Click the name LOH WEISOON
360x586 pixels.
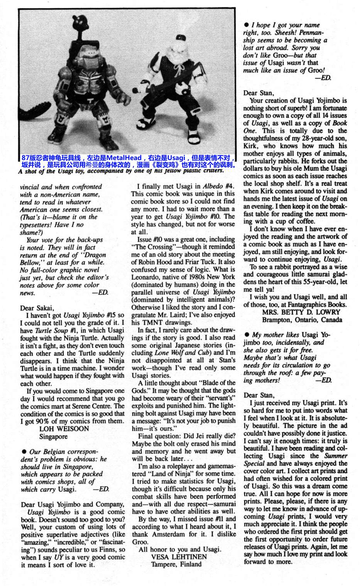[x=64, y=429]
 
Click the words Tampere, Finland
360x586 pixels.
[x=176, y=564]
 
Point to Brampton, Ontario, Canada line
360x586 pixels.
[x=302, y=320]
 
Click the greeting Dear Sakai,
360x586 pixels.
[x=36, y=308]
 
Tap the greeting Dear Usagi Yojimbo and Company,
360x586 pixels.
[x=73, y=505]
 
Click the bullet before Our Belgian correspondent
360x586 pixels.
[x=24, y=452]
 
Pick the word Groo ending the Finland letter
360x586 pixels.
[x=140, y=542]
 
